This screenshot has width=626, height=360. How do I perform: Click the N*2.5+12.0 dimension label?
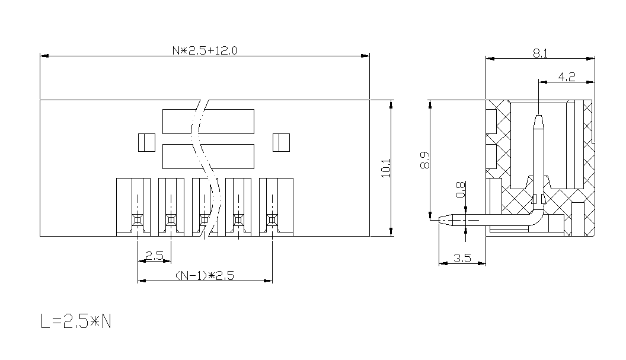coord(205,50)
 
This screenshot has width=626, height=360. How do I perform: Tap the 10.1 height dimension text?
coord(386,168)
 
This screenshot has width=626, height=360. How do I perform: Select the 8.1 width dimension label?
coord(540,53)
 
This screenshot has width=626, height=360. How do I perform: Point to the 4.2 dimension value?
coord(567,77)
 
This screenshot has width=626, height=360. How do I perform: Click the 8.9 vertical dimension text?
coord(425,160)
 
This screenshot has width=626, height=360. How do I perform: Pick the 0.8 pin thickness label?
coord(461,189)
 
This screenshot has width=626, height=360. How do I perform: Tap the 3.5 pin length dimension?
coord(462,258)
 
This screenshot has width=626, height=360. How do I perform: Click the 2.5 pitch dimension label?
coord(154,255)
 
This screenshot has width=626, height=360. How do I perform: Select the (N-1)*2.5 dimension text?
coord(205,275)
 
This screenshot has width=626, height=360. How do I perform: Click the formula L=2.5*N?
coord(76,321)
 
